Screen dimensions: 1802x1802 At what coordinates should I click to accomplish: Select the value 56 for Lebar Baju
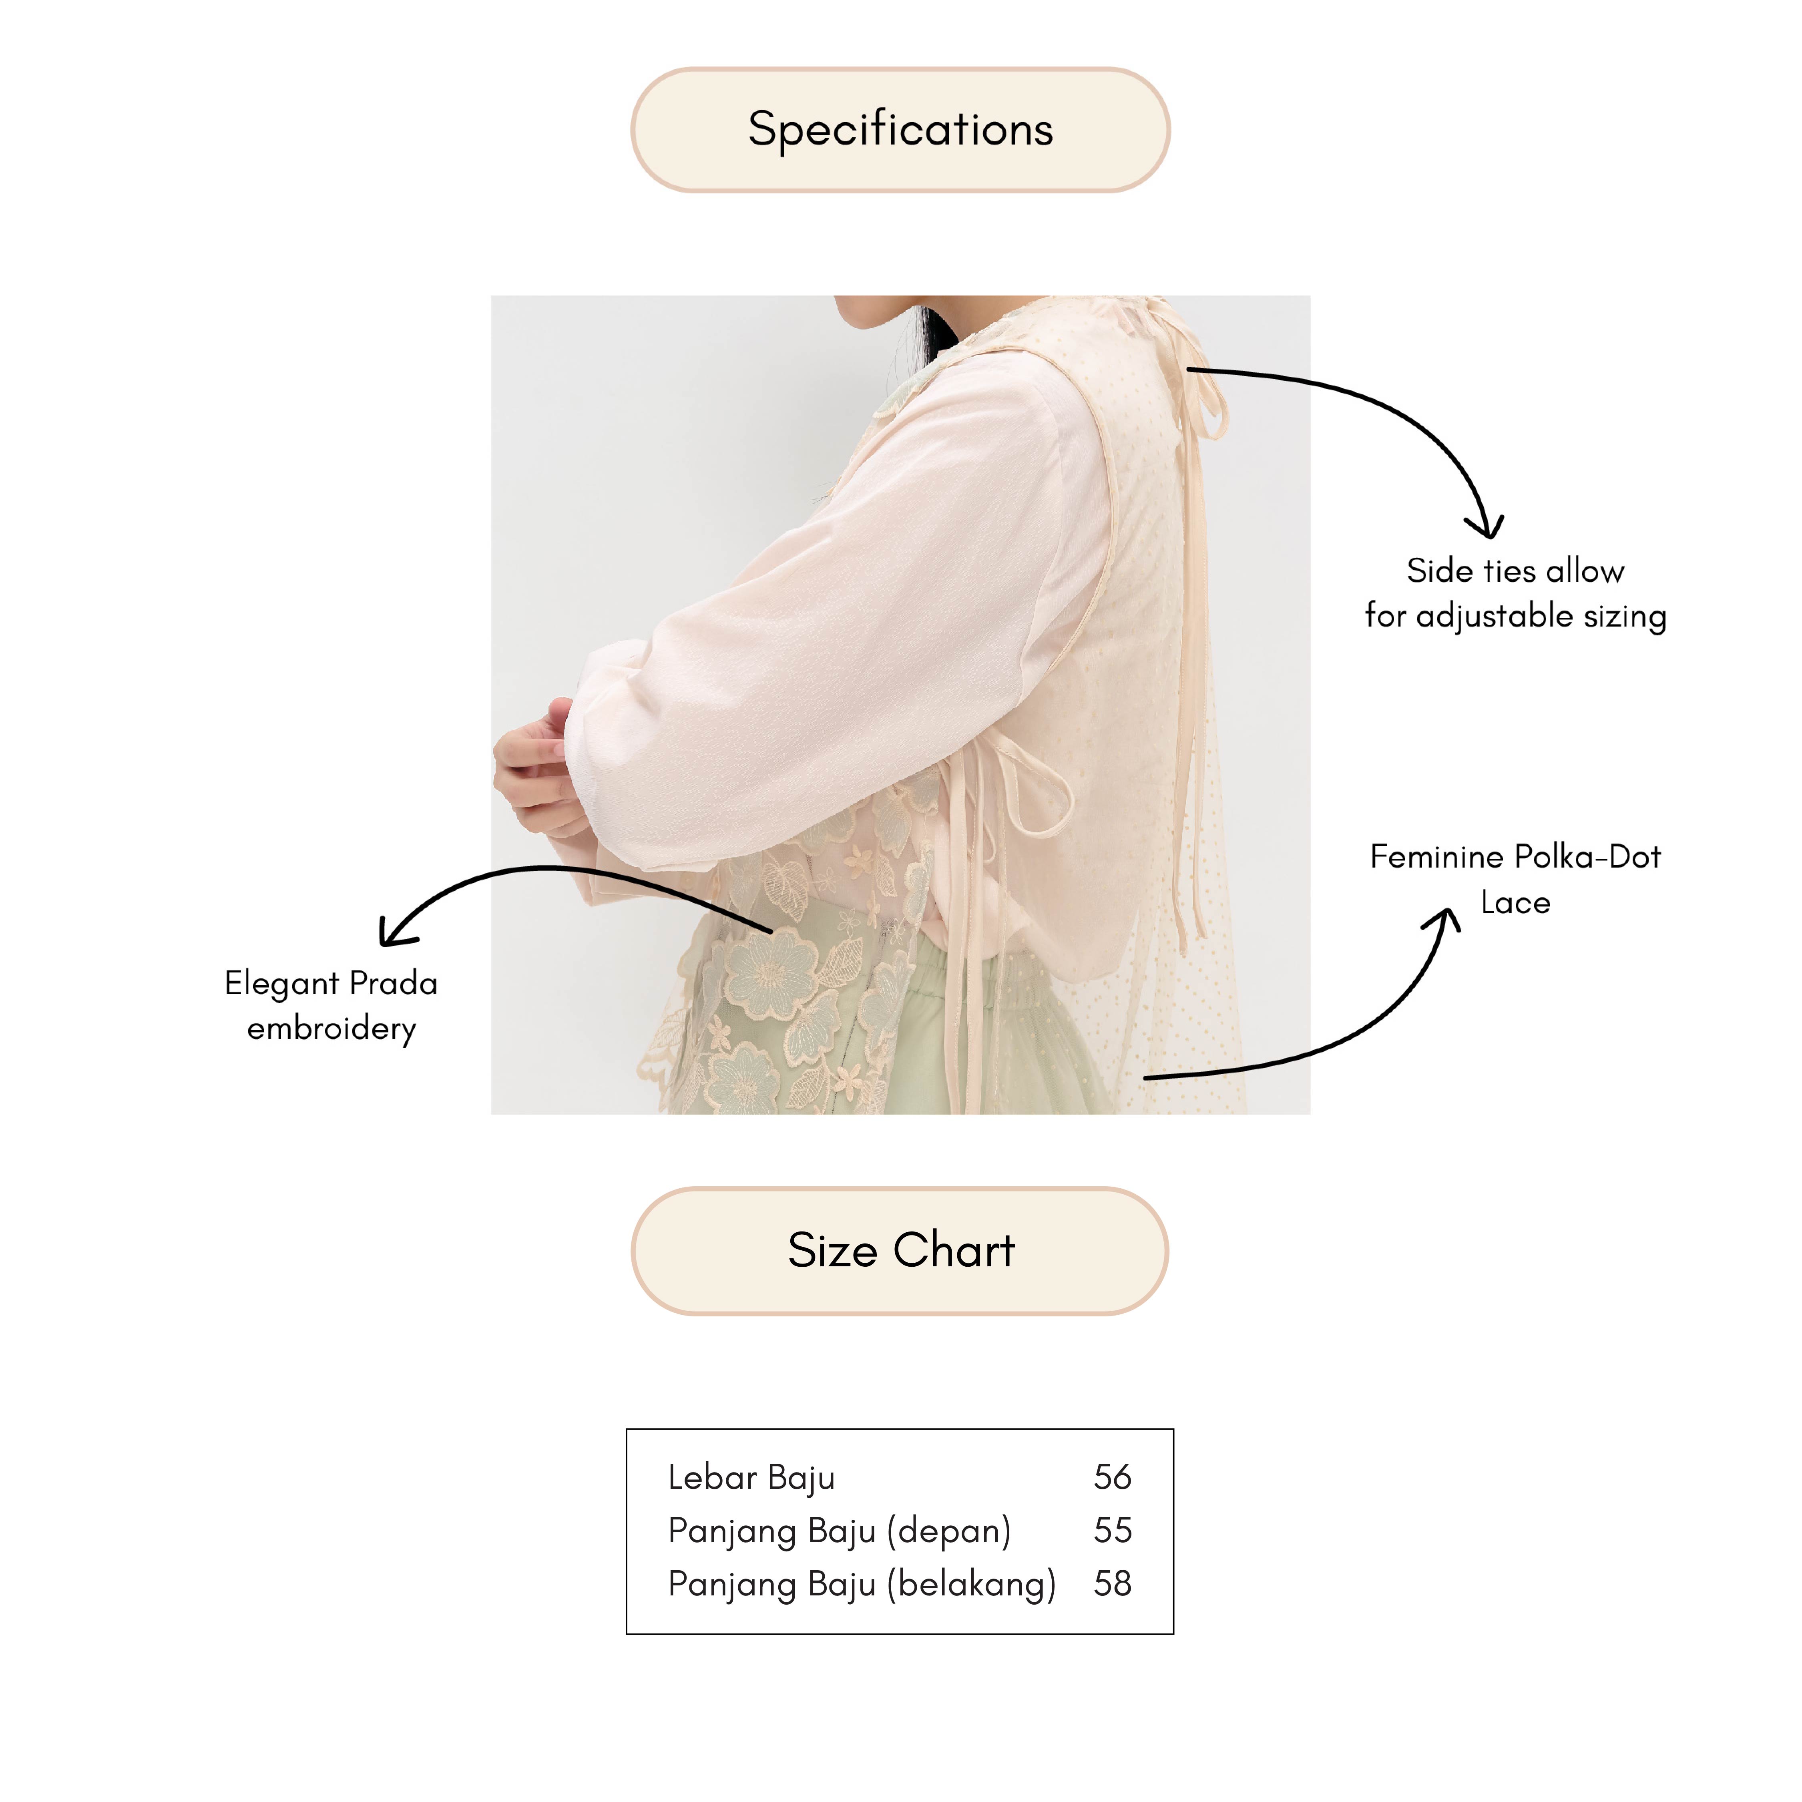click(1112, 1477)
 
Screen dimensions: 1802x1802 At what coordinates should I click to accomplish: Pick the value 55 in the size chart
click(1112, 1531)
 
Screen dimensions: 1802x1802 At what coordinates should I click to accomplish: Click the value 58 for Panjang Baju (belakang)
click(1112, 1584)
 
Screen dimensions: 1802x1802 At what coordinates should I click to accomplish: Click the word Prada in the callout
click(393, 983)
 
